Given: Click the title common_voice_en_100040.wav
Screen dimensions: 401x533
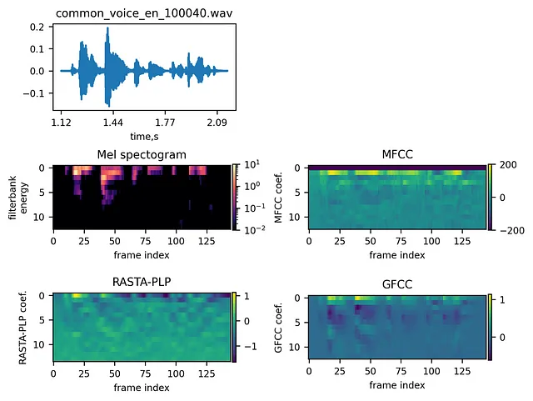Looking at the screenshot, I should point(143,13).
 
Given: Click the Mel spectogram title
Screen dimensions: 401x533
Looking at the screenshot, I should point(143,154).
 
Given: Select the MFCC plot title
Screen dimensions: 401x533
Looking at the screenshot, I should point(398,154).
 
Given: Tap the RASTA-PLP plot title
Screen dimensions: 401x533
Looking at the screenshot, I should point(143,282).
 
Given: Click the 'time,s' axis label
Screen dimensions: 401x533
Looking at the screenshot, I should point(143,136).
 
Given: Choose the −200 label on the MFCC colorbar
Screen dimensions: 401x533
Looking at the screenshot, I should point(508,228).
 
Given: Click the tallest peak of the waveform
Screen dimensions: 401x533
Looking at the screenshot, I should point(107,29).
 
